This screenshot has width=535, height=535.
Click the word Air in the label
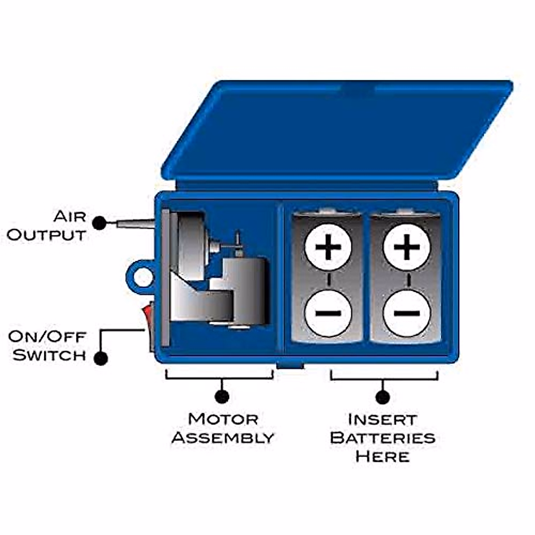tap(70, 217)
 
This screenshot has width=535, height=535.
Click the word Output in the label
tap(46, 235)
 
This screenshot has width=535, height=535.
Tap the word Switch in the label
tap(49, 355)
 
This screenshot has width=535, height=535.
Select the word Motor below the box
tap(223, 419)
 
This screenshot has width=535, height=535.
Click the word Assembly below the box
tap(222, 438)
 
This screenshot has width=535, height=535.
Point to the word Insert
tap(383, 420)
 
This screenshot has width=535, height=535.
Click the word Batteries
tap(383, 438)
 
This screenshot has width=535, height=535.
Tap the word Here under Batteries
tap(383, 457)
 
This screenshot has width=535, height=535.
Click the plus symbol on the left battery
tap(328, 247)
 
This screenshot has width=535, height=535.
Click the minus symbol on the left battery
tap(328, 313)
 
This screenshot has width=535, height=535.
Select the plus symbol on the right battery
tap(407, 247)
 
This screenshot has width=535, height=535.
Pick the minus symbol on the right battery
tap(407, 313)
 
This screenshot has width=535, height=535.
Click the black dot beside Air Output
tap(100, 223)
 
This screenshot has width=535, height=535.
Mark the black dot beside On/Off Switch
tap(101, 358)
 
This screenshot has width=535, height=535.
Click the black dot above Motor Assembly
tap(222, 396)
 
